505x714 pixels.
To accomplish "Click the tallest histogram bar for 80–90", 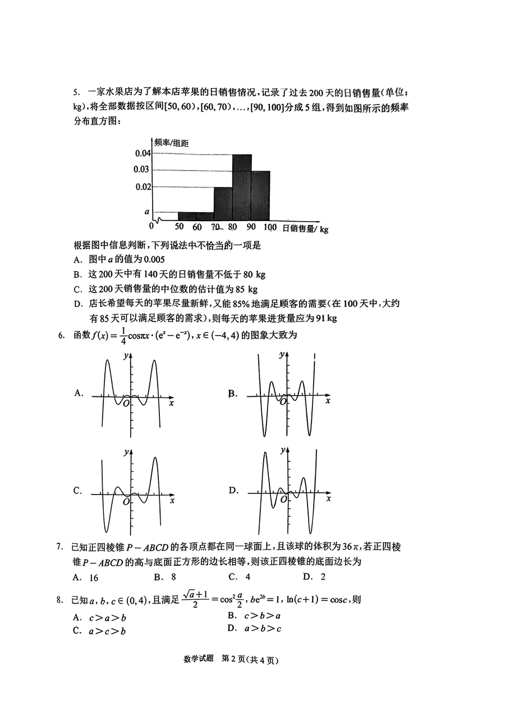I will click(x=242, y=187).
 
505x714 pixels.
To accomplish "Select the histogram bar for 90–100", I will click(x=260, y=195).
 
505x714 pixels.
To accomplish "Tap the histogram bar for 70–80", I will click(x=223, y=203).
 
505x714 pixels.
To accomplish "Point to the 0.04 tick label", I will click(x=143, y=154).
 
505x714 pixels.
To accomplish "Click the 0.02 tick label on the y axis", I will click(x=143, y=186).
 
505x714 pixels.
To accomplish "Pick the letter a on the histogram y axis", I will click(x=147, y=212).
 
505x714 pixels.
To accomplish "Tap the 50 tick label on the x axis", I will click(x=180, y=227).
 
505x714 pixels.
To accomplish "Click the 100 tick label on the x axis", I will click(x=269, y=227).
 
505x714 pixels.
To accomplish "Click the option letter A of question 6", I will click(x=78, y=393).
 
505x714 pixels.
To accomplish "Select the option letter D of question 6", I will click(x=233, y=491).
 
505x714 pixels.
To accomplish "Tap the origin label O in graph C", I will click(x=127, y=501).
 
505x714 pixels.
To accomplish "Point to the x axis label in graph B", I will click(x=328, y=401).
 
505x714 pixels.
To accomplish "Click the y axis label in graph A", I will click(x=125, y=355).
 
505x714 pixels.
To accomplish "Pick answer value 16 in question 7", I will click(x=93, y=577).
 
